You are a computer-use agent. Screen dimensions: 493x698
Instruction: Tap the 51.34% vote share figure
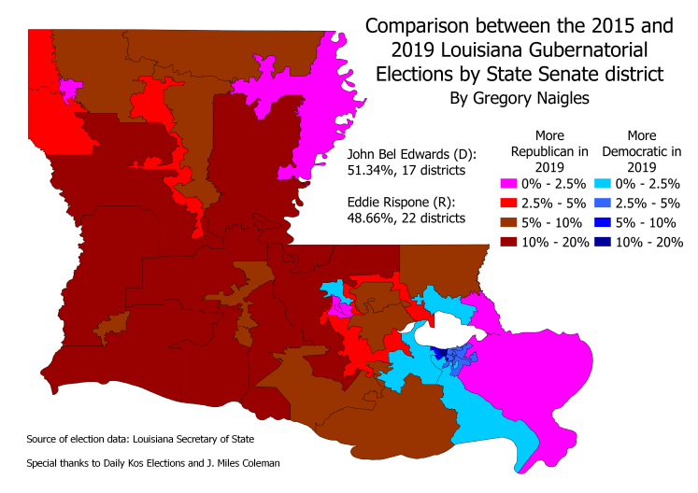371,171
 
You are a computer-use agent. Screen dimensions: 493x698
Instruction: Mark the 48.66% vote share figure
371,218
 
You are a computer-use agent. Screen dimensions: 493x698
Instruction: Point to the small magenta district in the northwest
67,89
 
